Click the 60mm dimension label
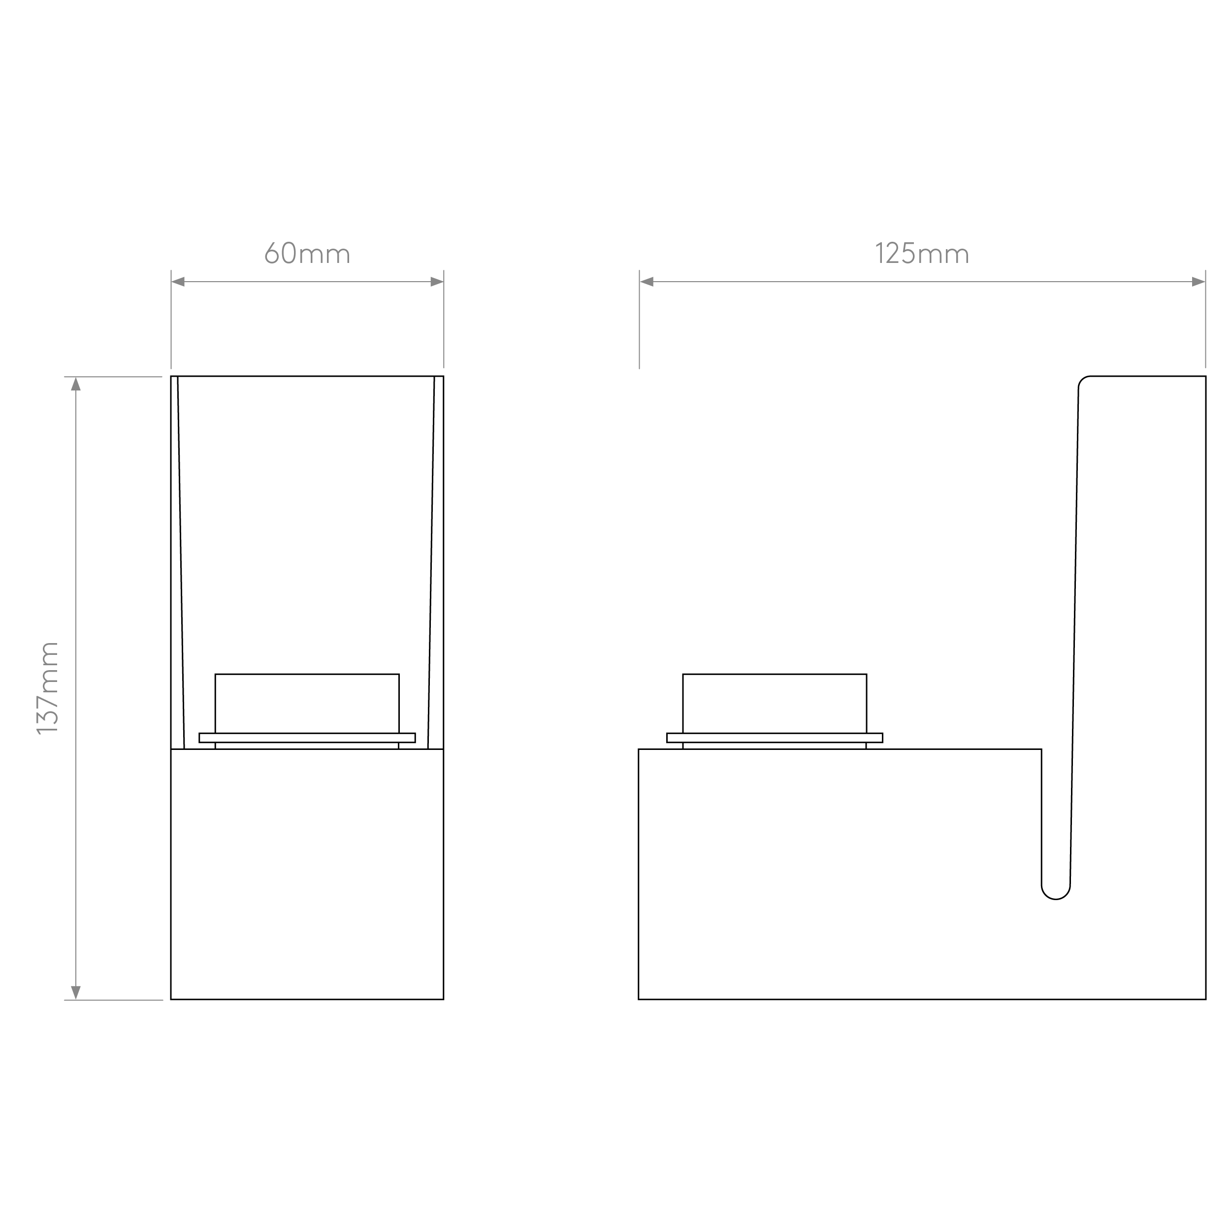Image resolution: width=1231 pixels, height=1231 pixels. pos(307,253)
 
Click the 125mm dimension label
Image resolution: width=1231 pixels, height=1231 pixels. pos(922,253)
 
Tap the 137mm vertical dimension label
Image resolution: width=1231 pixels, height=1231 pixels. pos(48,688)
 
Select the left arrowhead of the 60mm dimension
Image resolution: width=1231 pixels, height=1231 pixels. pos(178,282)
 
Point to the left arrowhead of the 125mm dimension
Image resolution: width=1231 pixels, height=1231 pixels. pos(647,282)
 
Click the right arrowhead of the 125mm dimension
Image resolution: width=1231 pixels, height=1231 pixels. pos(1199,282)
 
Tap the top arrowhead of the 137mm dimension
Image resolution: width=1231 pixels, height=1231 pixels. pos(76,384)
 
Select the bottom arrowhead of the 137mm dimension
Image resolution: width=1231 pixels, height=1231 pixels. pos(76,993)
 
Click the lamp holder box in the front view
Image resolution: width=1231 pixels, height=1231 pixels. pos(307,704)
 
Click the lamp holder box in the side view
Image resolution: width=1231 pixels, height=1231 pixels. pos(775,704)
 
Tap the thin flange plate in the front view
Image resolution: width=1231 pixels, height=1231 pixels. pos(307,738)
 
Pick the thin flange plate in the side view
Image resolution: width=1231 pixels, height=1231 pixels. pos(775,738)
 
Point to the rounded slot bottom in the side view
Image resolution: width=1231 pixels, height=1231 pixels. pos(1056,899)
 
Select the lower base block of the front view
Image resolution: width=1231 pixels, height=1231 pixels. pos(307,874)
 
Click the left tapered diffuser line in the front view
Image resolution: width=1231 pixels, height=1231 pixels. pos(181,563)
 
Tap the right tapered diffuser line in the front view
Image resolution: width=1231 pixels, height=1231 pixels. pos(431,563)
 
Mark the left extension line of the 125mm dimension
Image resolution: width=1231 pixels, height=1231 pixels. pos(639,319)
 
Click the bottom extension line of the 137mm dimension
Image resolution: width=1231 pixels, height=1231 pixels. pos(113,1001)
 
